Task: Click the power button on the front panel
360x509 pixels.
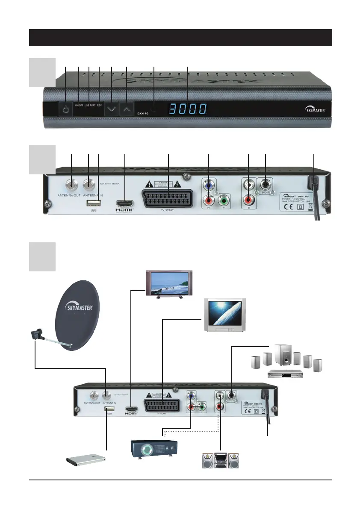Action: point(65,109)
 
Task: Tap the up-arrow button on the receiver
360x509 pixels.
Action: point(126,109)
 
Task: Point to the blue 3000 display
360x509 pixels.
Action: point(188,109)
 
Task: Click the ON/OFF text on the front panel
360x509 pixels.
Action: point(79,105)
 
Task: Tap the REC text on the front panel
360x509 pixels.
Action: point(100,105)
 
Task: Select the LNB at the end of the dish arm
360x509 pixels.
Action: point(35,334)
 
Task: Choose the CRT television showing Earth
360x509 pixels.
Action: point(224,315)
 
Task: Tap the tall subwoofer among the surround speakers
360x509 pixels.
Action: point(283,356)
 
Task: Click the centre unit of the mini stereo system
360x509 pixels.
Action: point(221,461)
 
